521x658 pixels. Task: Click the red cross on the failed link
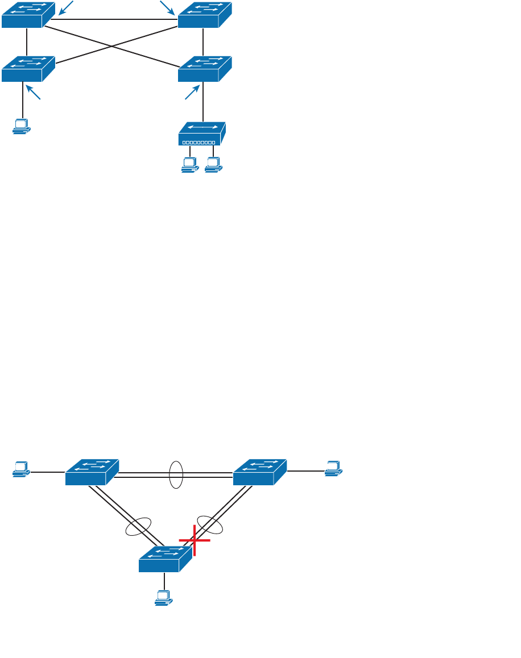pyautogui.click(x=195, y=540)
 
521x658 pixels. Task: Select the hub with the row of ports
pyautogui.click(x=202, y=134)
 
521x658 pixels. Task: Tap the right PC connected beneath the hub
pyautogui.click(x=213, y=165)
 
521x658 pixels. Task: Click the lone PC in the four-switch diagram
pyautogui.click(x=22, y=127)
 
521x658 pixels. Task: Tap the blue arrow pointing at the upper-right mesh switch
pyautogui.click(x=167, y=7)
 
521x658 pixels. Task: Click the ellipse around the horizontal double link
pyautogui.click(x=176, y=474)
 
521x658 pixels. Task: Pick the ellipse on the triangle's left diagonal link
pyautogui.click(x=139, y=527)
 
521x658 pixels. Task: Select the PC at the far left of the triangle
pyautogui.click(x=22, y=469)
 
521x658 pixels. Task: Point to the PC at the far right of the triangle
pyautogui.click(x=333, y=469)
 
